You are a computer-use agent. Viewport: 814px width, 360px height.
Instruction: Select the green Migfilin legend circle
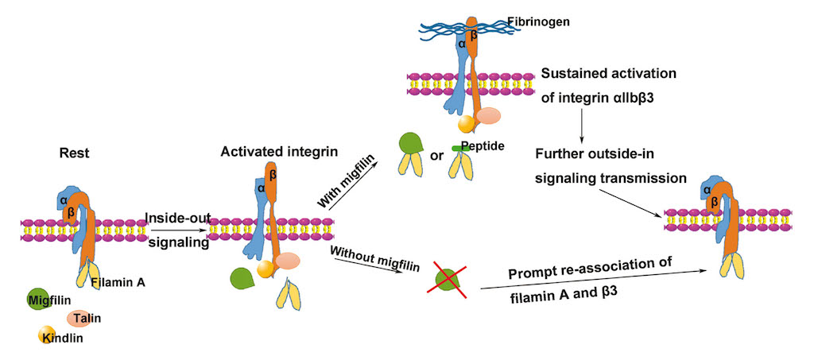(37, 299)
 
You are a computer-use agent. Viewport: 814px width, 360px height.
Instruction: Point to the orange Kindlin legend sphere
(48, 335)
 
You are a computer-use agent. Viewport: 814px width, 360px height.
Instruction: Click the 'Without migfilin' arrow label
(363, 260)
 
